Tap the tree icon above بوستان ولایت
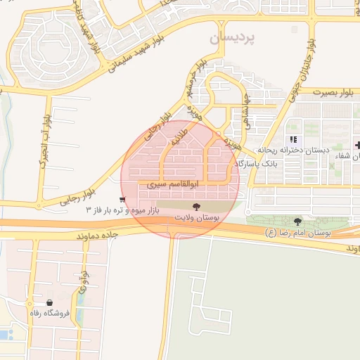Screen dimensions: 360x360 196,207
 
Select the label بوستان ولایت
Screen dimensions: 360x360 197,219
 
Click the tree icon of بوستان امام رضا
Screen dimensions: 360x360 297,221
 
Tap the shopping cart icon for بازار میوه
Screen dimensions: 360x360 123,200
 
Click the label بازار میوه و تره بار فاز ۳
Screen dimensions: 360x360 123,210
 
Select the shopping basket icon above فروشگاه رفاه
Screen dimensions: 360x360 49,302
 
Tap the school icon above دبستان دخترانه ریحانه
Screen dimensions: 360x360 292,139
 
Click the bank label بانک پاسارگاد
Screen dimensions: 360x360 259,163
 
